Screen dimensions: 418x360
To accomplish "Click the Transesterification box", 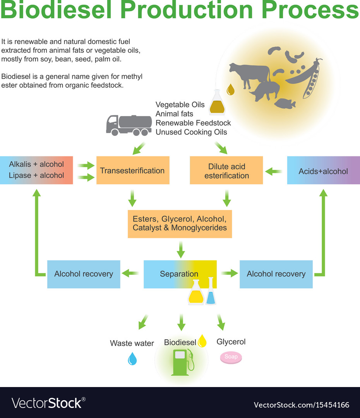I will pos(133,170).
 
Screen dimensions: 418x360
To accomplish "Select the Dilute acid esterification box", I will pos(226,170).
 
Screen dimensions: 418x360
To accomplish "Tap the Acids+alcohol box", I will pos(323,170).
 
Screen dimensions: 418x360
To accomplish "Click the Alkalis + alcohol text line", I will pos(36,164).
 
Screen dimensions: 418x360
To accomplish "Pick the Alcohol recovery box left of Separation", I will pos(84,274).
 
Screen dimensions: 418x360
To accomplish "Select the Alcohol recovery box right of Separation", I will pos(276,274).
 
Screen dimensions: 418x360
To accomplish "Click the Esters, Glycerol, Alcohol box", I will pos(180,224).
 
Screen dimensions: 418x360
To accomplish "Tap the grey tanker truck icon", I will pos(129,125).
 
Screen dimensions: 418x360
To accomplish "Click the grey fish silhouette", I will pos(285,103).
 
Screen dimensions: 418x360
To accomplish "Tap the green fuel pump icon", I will pos(182,362).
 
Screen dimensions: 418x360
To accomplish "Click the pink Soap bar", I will pos(231,357).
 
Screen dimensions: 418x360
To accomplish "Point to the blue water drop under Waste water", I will pos(132,359).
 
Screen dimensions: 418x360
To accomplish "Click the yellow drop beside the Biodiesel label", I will pos(202,341).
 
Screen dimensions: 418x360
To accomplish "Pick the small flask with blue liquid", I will pos(211,292).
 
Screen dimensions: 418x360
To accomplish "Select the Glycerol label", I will pos(231,342).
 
